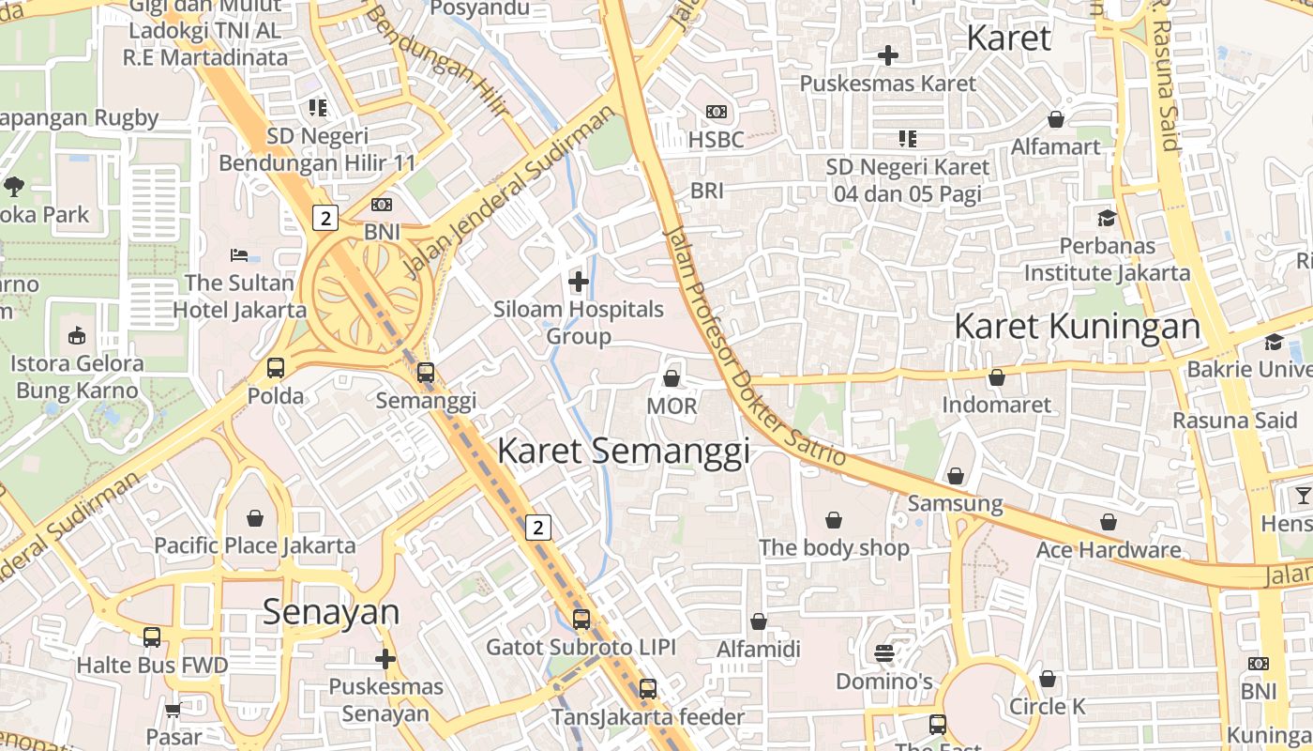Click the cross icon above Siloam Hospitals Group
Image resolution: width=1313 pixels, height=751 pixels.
click(x=579, y=281)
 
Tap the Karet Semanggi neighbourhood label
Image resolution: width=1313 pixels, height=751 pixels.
click(x=623, y=451)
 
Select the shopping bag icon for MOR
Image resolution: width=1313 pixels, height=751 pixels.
click(x=672, y=378)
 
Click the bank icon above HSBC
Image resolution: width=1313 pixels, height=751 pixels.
click(x=717, y=112)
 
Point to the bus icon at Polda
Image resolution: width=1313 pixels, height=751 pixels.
click(x=276, y=368)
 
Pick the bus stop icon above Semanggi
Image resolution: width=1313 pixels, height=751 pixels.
click(x=426, y=373)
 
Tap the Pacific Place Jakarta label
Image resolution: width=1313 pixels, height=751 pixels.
click(x=254, y=545)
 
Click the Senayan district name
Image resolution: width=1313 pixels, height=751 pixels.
click(x=331, y=612)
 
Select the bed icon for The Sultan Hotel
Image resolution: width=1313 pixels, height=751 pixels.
click(x=239, y=254)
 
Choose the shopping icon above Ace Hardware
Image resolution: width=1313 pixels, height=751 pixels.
click(x=1109, y=522)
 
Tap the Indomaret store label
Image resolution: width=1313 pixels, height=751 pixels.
click(x=996, y=406)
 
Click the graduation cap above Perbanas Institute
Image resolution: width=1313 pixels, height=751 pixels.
click(x=1107, y=218)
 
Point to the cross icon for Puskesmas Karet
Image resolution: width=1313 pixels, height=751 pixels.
click(x=888, y=55)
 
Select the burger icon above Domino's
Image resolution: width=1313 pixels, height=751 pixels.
click(x=884, y=652)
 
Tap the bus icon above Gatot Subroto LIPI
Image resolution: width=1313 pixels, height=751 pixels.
click(x=581, y=620)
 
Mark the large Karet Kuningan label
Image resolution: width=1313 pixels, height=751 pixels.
click(x=1077, y=327)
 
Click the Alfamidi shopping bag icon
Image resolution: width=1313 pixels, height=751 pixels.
click(x=759, y=621)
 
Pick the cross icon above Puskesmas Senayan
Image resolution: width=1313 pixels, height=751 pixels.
click(x=385, y=659)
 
